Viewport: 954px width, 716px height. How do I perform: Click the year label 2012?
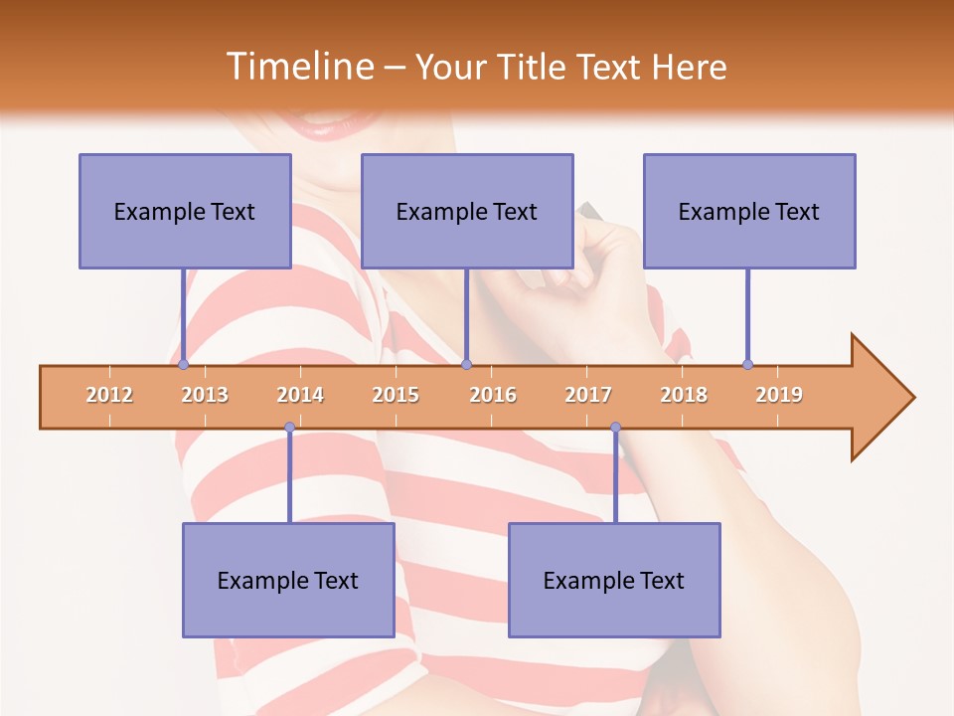pos(109,395)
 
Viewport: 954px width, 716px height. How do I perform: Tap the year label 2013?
pos(205,395)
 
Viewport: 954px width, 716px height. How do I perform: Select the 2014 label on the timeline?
pos(300,395)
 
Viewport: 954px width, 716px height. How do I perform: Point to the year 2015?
pos(396,395)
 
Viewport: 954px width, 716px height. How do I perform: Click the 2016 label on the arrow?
pos(493,395)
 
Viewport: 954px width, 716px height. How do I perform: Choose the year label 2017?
pos(588,395)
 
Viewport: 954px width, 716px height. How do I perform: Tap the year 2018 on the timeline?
pos(684,395)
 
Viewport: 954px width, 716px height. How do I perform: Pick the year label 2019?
pos(779,395)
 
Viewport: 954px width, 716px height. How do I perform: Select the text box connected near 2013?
pos(185,211)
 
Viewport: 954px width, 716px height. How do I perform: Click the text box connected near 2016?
pos(467,211)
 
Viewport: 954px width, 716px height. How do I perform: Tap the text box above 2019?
pos(749,211)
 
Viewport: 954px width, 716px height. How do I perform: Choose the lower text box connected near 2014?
pos(288,580)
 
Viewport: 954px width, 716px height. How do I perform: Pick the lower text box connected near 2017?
pos(614,580)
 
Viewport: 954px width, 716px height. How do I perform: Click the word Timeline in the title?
pos(299,67)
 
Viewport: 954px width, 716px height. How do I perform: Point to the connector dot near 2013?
pos(183,365)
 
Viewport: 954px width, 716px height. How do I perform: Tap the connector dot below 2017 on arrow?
pos(615,428)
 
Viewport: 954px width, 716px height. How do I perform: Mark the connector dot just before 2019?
pos(747,365)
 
